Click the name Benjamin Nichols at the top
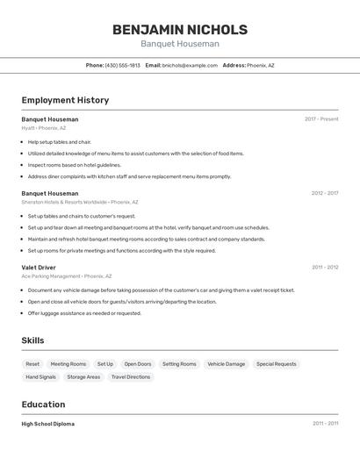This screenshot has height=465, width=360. pos(179,30)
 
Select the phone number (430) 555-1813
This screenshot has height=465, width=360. pos(122,65)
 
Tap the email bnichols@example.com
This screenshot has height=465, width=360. pos(190,65)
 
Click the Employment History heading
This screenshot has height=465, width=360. pos(65,100)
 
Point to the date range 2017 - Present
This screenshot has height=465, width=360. pos(321,119)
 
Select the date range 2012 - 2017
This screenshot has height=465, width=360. pos(324,193)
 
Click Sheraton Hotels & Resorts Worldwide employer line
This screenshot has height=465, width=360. pos(80,202)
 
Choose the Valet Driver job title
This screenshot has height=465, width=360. pos(39,267)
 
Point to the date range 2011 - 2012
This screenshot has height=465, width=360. pos(325,267)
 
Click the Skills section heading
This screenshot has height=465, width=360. pos(32,340)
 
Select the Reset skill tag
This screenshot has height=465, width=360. pos(32,364)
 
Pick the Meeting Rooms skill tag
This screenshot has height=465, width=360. pos(68,364)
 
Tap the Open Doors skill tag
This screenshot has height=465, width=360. pos(137,364)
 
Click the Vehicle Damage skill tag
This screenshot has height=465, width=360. pos(226,364)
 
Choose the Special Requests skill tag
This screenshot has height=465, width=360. pos(276,364)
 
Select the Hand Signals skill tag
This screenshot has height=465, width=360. pos(40,377)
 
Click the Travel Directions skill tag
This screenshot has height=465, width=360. pos(131,377)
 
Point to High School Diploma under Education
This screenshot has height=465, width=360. pos(47,424)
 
